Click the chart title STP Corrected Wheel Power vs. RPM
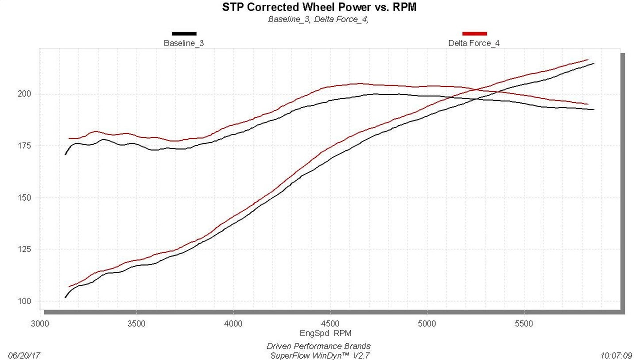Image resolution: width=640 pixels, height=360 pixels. (318, 7)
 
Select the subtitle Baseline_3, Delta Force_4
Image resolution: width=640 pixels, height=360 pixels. (318, 19)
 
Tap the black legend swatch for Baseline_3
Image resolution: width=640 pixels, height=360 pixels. (184, 34)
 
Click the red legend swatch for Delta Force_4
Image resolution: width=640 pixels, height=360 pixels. (474, 34)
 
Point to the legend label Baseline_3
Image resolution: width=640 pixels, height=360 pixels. (184, 43)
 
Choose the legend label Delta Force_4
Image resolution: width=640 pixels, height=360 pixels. (474, 43)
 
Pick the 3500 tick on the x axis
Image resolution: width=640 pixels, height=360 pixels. (136, 324)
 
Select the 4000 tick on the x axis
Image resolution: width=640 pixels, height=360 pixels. (233, 324)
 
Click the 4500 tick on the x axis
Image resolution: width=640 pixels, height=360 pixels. (330, 324)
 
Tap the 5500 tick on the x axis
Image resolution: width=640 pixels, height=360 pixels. (524, 324)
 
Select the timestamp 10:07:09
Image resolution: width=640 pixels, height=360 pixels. (616, 355)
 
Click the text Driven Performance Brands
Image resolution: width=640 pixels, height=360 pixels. (318, 346)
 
